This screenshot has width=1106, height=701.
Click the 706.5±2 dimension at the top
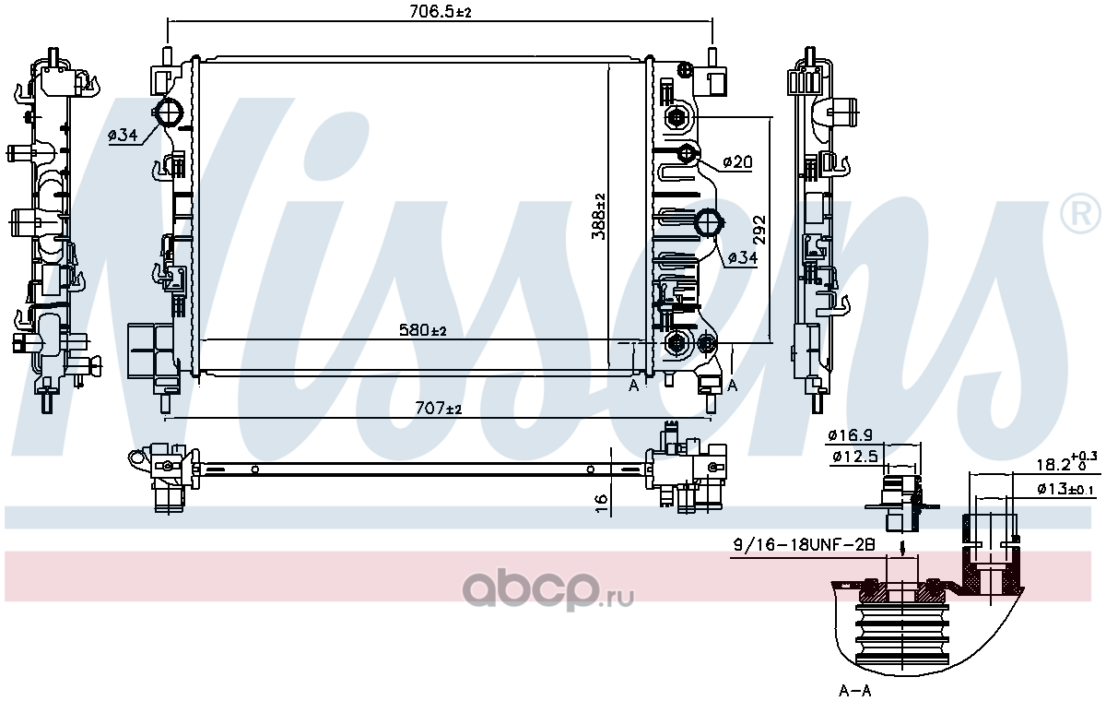tap(441, 11)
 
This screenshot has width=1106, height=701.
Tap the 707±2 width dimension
tap(439, 408)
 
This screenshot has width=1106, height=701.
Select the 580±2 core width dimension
tap(423, 329)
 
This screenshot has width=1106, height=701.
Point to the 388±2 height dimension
tap(598, 216)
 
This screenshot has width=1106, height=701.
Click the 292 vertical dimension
tap(759, 230)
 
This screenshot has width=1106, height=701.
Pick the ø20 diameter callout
tap(737, 161)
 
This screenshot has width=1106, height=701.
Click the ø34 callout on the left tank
tap(123, 135)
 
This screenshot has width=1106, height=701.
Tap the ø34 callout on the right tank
tap(743, 257)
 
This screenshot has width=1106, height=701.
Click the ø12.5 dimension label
tap(855, 456)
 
